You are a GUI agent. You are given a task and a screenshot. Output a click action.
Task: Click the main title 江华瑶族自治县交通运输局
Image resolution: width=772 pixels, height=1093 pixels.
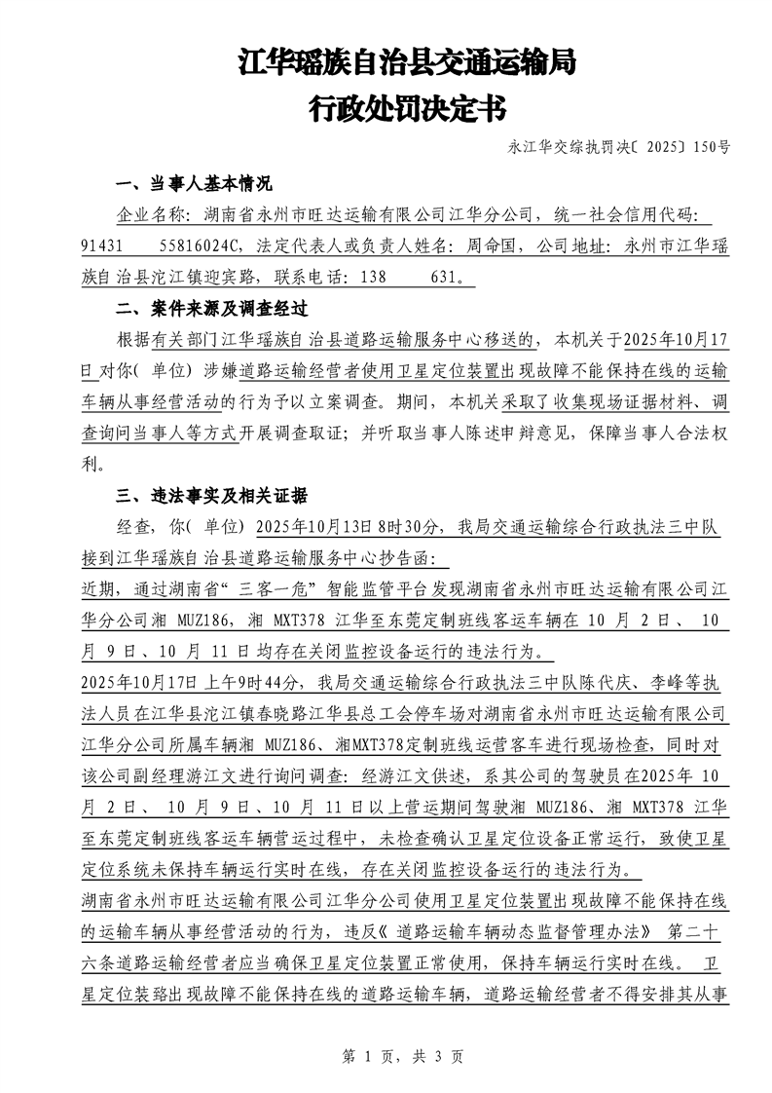[x=407, y=64]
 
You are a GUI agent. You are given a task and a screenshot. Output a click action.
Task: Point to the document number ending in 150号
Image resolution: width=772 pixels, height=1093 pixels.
[x=618, y=147]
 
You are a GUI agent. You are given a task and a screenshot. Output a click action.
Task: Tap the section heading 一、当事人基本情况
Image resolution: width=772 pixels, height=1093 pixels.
[x=194, y=184]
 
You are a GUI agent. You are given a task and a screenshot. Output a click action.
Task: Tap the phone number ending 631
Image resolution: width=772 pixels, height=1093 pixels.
[x=452, y=278]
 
